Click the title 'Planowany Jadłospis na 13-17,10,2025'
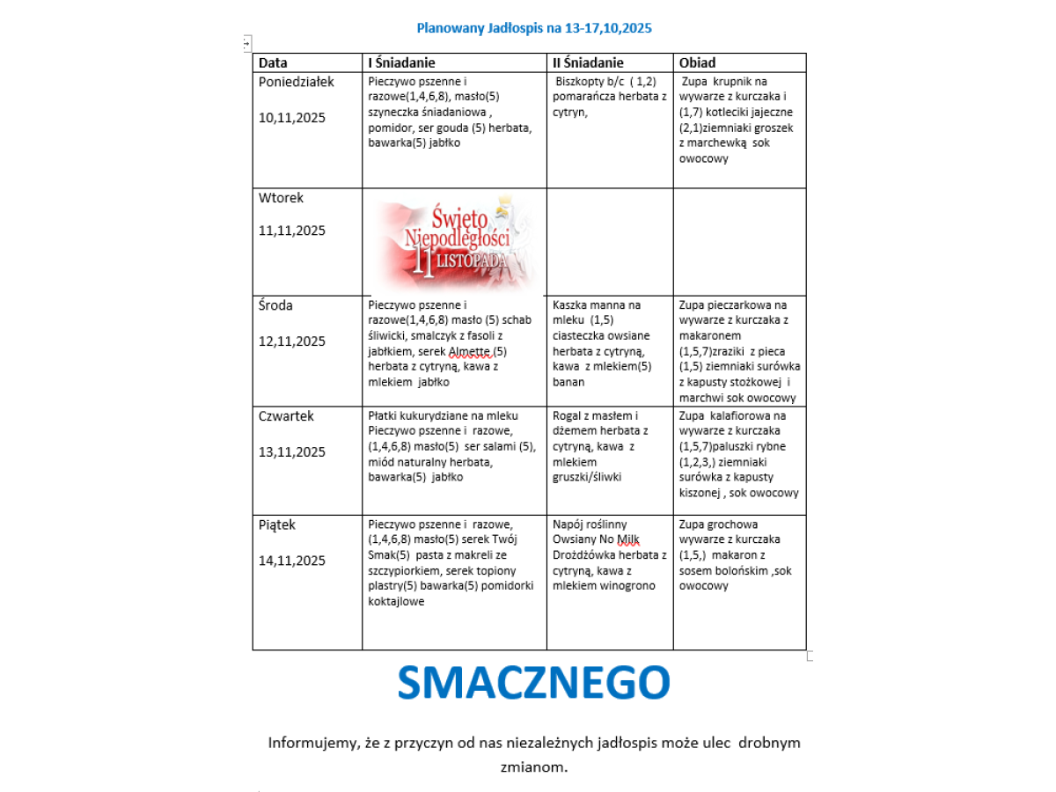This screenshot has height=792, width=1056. pyautogui.click(x=534, y=28)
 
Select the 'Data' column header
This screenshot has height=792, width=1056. pyautogui.click(x=273, y=62)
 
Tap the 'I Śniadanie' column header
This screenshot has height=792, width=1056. pyautogui.click(x=401, y=62)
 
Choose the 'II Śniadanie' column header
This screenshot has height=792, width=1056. pyautogui.click(x=588, y=62)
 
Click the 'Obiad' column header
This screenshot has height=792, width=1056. pyautogui.click(x=697, y=62)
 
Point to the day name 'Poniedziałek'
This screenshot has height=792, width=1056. pyautogui.click(x=297, y=82)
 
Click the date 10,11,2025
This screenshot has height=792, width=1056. pyautogui.click(x=292, y=118)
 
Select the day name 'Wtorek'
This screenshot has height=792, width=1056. pyautogui.click(x=281, y=198)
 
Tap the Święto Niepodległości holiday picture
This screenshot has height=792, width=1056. pyautogui.click(x=456, y=242)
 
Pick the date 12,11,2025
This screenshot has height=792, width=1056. pyautogui.click(x=292, y=341)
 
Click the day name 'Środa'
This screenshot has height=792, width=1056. pyautogui.click(x=275, y=305)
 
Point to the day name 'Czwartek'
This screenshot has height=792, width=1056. pyautogui.click(x=286, y=416)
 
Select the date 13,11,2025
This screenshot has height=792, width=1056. pyautogui.click(x=292, y=452)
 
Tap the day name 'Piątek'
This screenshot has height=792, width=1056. pyautogui.click(x=277, y=525)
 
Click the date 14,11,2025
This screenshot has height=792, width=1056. pyautogui.click(x=292, y=561)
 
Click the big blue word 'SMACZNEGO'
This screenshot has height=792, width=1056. pyautogui.click(x=533, y=683)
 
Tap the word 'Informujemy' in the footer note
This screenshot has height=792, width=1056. pyautogui.click(x=312, y=743)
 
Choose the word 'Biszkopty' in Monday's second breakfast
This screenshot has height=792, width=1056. pyautogui.click(x=583, y=82)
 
